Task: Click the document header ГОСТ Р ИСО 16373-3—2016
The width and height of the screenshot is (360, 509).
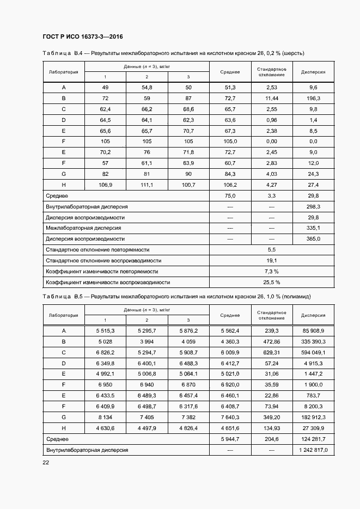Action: coord(82,37)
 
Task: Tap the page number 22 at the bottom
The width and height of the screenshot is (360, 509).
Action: coord(46,462)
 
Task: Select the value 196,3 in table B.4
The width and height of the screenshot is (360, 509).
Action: coord(313,99)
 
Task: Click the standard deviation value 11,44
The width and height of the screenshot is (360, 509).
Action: coord(272,99)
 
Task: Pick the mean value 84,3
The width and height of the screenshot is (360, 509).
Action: coord(230,174)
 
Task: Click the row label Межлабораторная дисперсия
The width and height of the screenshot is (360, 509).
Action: coord(83,228)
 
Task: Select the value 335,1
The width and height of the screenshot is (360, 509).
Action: coord(313,228)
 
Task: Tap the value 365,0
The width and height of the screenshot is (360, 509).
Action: coord(313,239)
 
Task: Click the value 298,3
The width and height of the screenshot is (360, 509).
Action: coord(313,207)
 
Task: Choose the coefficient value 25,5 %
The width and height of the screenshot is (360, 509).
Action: coord(271,283)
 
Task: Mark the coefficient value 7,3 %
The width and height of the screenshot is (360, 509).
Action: coord(271,271)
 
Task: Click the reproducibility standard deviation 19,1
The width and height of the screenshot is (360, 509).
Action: coord(271,261)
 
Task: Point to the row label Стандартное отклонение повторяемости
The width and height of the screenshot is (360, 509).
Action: coord(97,250)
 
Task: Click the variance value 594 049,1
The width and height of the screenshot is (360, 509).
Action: coord(313,352)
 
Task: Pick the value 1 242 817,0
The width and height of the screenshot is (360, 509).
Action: coord(313,450)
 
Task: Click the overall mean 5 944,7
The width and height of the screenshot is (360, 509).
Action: coord(230,439)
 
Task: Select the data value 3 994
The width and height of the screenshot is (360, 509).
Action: coord(147,341)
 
